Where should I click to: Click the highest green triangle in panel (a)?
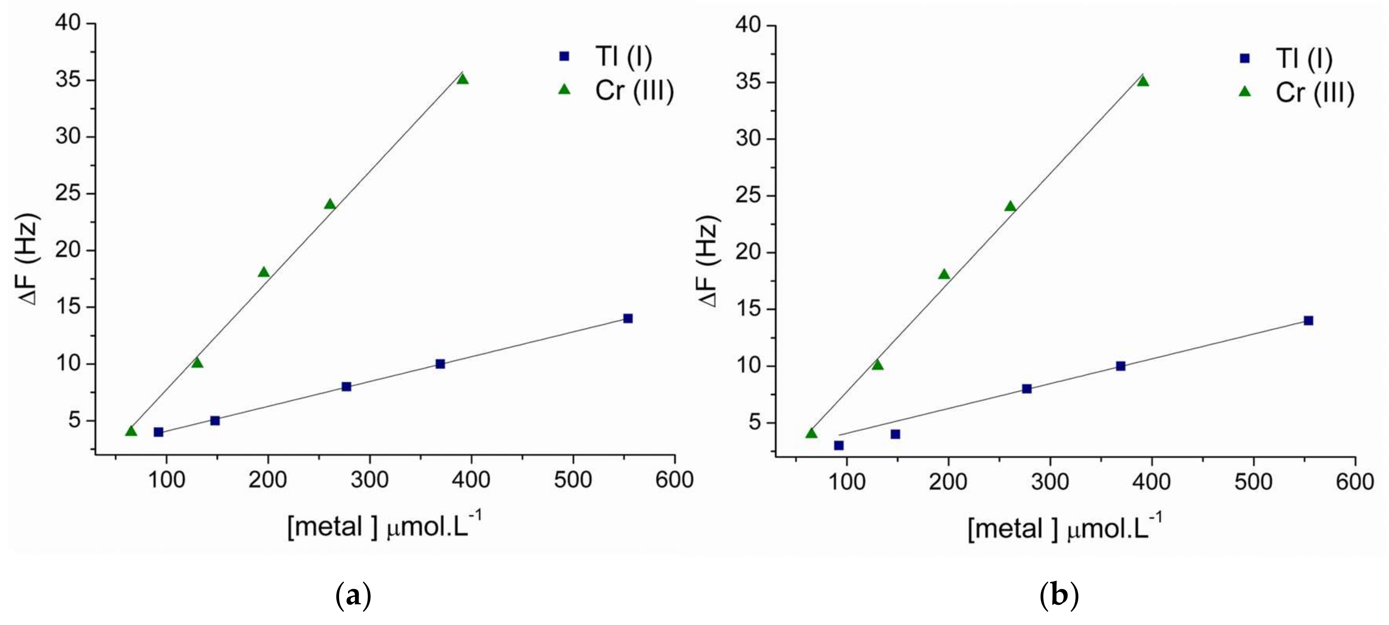point(462,79)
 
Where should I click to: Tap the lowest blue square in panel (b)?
point(839,445)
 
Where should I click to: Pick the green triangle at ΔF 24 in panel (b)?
point(1010,206)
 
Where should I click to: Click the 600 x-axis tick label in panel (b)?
point(1355,482)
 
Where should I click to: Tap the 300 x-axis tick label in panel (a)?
point(370,479)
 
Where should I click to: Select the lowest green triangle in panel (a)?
point(131,431)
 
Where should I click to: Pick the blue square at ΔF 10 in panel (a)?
point(440,364)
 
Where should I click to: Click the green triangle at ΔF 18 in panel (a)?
point(264,272)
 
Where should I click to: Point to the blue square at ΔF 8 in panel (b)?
point(1027,389)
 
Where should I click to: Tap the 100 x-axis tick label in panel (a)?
point(167,479)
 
